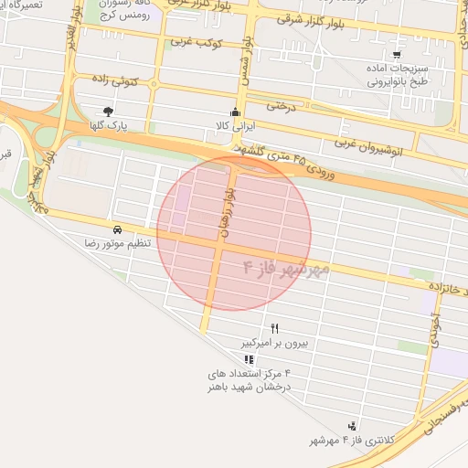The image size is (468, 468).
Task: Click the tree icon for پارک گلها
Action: pyautogui.click(x=109, y=112)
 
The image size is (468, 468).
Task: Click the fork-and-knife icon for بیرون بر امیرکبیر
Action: pyautogui.click(x=274, y=329)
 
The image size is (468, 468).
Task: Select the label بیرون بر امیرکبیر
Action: pyautogui.click(x=275, y=344)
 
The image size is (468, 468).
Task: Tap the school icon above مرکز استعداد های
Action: pyautogui.click(x=250, y=359)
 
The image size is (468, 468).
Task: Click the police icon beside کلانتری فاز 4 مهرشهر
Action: pyautogui.click(x=352, y=426)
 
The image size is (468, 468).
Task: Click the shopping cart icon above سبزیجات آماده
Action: pyautogui.click(x=397, y=55)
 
